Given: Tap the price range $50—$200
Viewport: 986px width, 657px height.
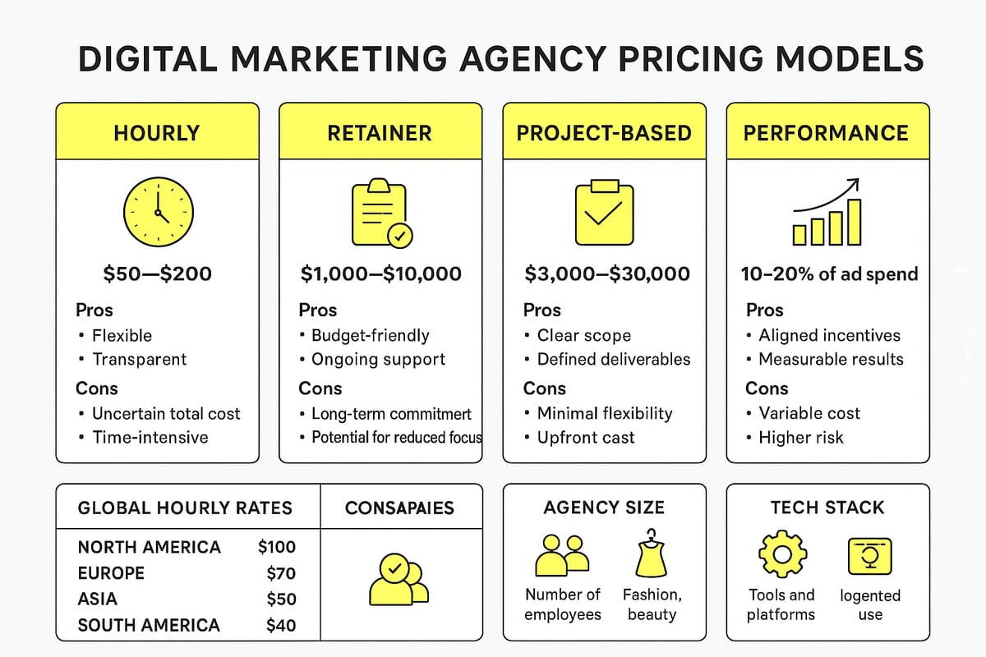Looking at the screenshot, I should click(x=157, y=273).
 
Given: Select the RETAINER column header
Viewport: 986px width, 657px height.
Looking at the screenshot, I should click(x=380, y=133).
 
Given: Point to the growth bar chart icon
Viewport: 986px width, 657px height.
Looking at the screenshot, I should click(x=827, y=214).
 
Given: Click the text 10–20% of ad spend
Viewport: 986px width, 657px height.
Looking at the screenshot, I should click(x=827, y=273).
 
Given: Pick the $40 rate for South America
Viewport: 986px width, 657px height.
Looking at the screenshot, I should click(x=281, y=625).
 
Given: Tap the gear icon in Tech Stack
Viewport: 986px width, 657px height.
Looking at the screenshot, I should click(x=781, y=554).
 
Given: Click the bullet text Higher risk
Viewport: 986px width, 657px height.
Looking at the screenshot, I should click(x=801, y=437).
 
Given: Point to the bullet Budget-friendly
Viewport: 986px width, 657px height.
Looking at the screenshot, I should click(x=370, y=335).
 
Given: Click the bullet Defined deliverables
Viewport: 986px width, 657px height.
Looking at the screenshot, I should click(x=613, y=359).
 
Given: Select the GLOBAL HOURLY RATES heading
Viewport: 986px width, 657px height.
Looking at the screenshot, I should click(x=185, y=508).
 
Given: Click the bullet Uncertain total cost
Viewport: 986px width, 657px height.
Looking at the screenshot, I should click(x=166, y=413).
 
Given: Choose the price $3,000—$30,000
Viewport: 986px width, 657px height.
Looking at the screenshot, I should click(x=607, y=273).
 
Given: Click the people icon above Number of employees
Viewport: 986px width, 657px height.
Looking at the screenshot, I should click(x=563, y=555).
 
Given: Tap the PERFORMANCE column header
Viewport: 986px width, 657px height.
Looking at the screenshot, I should click(x=827, y=133).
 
